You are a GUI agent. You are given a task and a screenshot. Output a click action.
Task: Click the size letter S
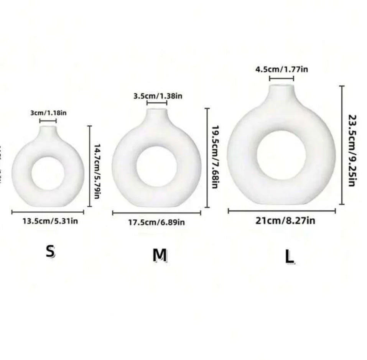coord(50,252)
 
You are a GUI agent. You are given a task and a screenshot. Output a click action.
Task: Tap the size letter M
coord(160,255)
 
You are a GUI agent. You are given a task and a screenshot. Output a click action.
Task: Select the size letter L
coord(290,257)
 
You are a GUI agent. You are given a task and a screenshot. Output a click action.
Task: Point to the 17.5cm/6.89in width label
coord(156,222)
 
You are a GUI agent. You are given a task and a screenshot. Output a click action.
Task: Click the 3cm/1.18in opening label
coord(48,113)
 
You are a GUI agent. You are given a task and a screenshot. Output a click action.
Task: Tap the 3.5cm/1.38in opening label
coord(158,96)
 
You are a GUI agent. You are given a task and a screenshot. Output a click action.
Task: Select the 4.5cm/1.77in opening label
coord(282,69)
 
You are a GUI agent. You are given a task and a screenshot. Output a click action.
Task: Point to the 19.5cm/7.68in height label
coord(215,157)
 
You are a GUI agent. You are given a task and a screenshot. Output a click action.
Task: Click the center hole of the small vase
coord(48,173)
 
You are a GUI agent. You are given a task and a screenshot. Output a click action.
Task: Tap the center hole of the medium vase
coord(156,166)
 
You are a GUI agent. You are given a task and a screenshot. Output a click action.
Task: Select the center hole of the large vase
coord(281,155)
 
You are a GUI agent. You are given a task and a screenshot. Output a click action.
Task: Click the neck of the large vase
coord(281,92)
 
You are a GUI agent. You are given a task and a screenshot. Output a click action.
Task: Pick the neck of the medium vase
coord(157,115)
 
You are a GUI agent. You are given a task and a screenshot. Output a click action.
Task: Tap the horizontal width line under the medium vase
coord(156,213)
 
